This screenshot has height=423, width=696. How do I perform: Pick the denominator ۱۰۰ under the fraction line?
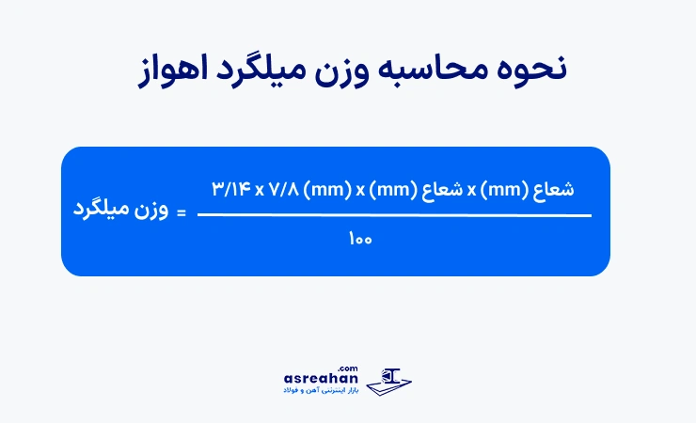pyautogui.click(x=360, y=240)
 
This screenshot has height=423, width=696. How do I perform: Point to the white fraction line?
pyautogui.click(x=394, y=215)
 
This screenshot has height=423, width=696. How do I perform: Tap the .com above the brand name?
pyautogui.click(x=351, y=368)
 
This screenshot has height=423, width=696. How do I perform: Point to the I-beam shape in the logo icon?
pyautogui.click(x=393, y=374)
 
